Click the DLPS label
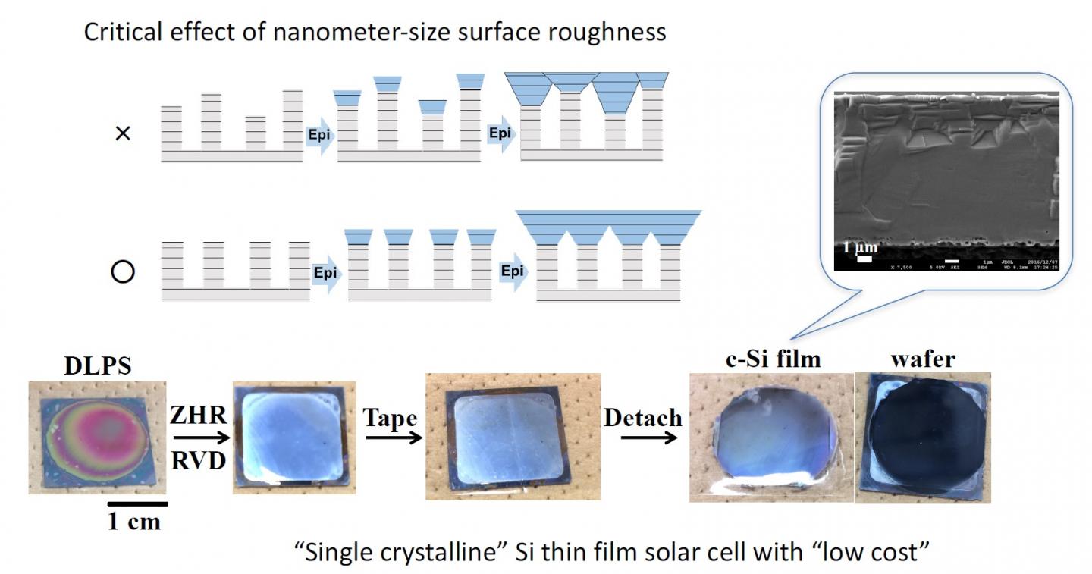click(x=98, y=366)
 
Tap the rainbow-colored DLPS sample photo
click(x=97, y=438)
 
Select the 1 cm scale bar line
click(x=136, y=503)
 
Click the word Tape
click(x=390, y=416)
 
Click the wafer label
click(x=923, y=358)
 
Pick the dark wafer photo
click(x=923, y=438)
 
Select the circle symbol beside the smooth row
click(x=122, y=272)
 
